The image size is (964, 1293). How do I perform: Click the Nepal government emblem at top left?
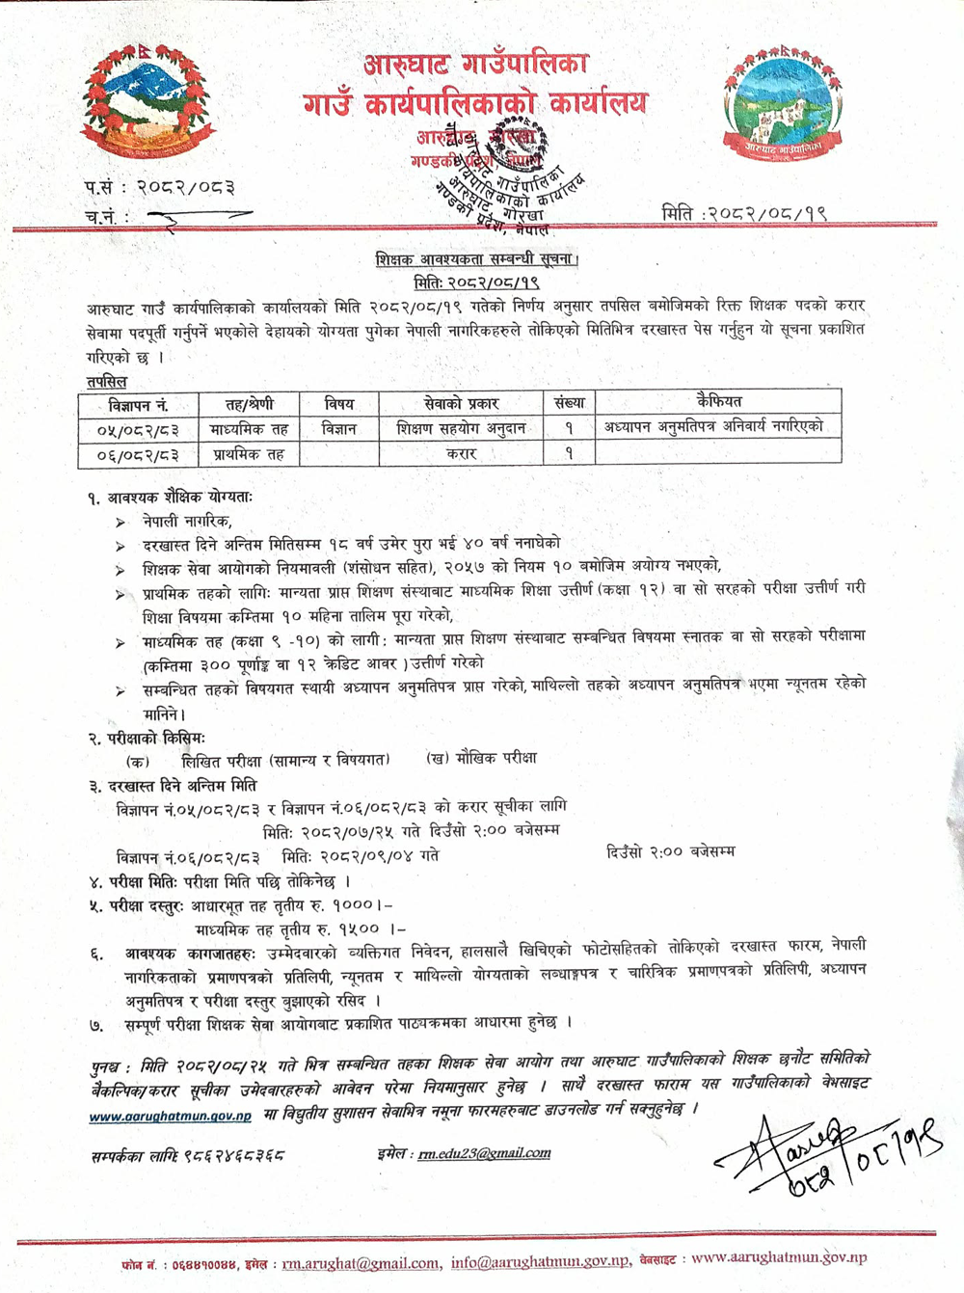point(146,103)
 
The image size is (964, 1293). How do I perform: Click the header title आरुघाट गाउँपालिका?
point(476,65)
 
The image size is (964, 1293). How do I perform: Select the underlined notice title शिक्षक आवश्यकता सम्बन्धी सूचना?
point(477,259)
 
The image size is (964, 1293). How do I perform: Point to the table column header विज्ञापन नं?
point(138,405)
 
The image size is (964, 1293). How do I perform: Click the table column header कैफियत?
point(719,401)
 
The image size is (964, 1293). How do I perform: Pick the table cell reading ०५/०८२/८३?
point(138,429)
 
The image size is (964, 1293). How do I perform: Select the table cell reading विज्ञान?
point(338,428)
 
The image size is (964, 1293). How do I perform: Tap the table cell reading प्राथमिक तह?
point(249,453)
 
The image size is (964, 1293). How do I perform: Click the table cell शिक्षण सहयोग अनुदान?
point(461,428)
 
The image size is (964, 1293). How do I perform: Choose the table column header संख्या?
point(569,402)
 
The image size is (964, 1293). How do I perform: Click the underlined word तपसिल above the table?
point(106,381)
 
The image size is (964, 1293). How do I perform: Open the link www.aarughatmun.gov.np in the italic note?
point(171,1116)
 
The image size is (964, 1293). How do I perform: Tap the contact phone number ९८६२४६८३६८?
point(231,1154)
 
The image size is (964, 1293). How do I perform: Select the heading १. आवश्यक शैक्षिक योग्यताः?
point(171,498)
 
